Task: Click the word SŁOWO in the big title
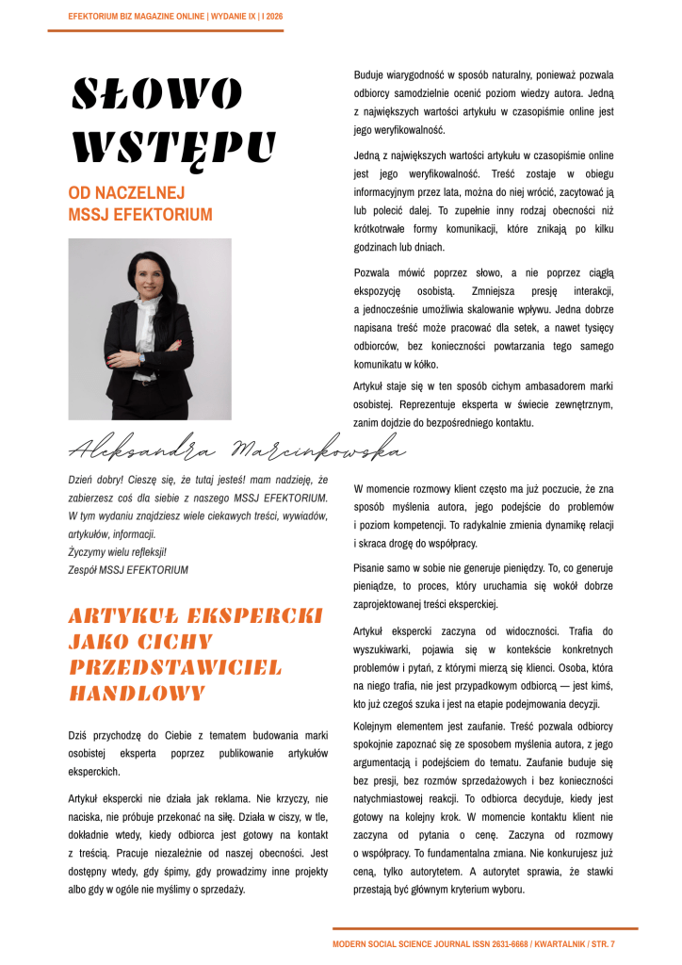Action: click(x=156, y=94)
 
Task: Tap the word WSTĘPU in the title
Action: click(x=174, y=147)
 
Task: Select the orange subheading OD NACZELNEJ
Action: click(x=125, y=194)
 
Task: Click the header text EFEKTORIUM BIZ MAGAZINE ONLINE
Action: click(x=138, y=17)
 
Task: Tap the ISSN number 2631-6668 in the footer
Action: click(x=504, y=943)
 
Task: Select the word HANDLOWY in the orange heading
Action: click(x=138, y=694)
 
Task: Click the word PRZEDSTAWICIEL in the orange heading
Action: click(x=175, y=668)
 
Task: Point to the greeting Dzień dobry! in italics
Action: click(x=95, y=480)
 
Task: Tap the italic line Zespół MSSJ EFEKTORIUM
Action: click(x=128, y=570)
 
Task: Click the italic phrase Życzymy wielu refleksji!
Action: click(x=118, y=552)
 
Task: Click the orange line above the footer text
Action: click(x=484, y=929)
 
